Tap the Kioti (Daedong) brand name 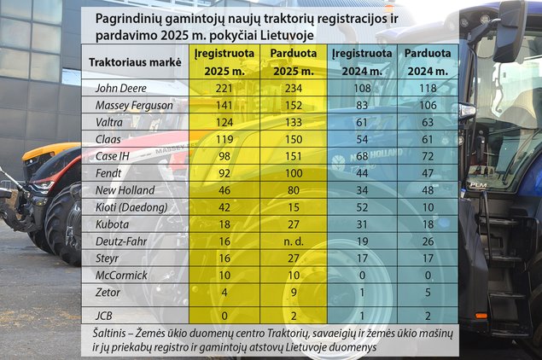click(125, 206)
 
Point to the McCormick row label click(119, 275)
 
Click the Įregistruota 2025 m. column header click(220, 61)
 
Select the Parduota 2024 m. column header click(428, 61)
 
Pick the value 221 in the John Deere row click(220, 87)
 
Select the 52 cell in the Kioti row click(364, 206)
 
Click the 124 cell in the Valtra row click(220, 121)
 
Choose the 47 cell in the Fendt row click(428, 172)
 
